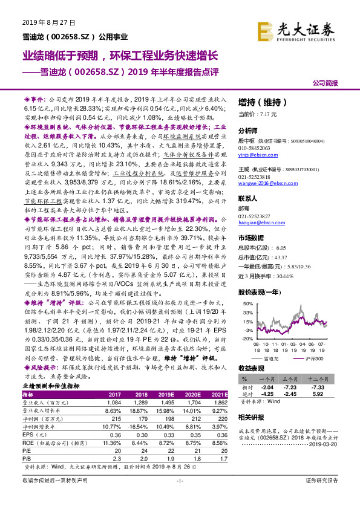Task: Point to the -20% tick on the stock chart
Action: (x=245, y=340)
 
